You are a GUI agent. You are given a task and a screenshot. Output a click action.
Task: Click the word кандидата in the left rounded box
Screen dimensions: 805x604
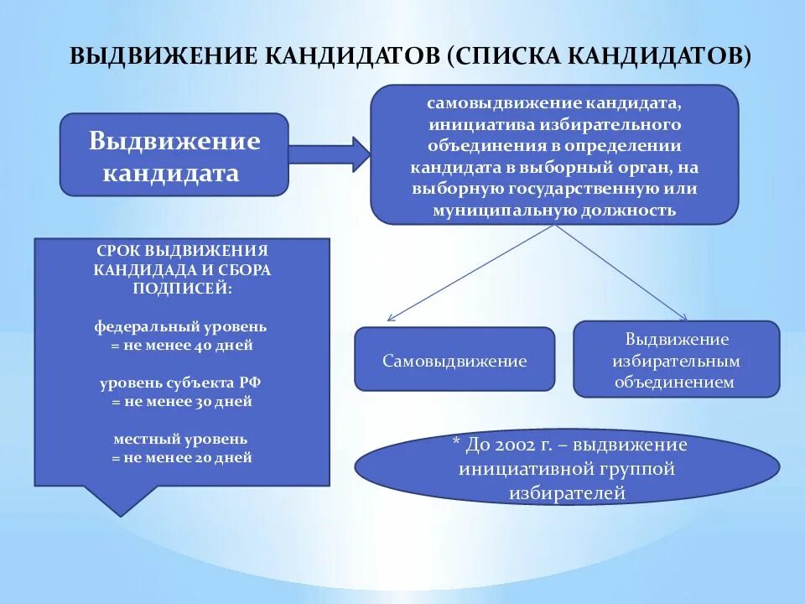(171, 174)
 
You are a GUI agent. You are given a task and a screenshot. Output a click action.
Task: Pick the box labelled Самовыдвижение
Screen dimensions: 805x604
(454, 361)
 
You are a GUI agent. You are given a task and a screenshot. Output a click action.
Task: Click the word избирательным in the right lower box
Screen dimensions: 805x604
(676, 361)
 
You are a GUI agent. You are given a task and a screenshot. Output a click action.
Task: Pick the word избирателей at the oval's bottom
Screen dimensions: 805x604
(567, 492)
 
